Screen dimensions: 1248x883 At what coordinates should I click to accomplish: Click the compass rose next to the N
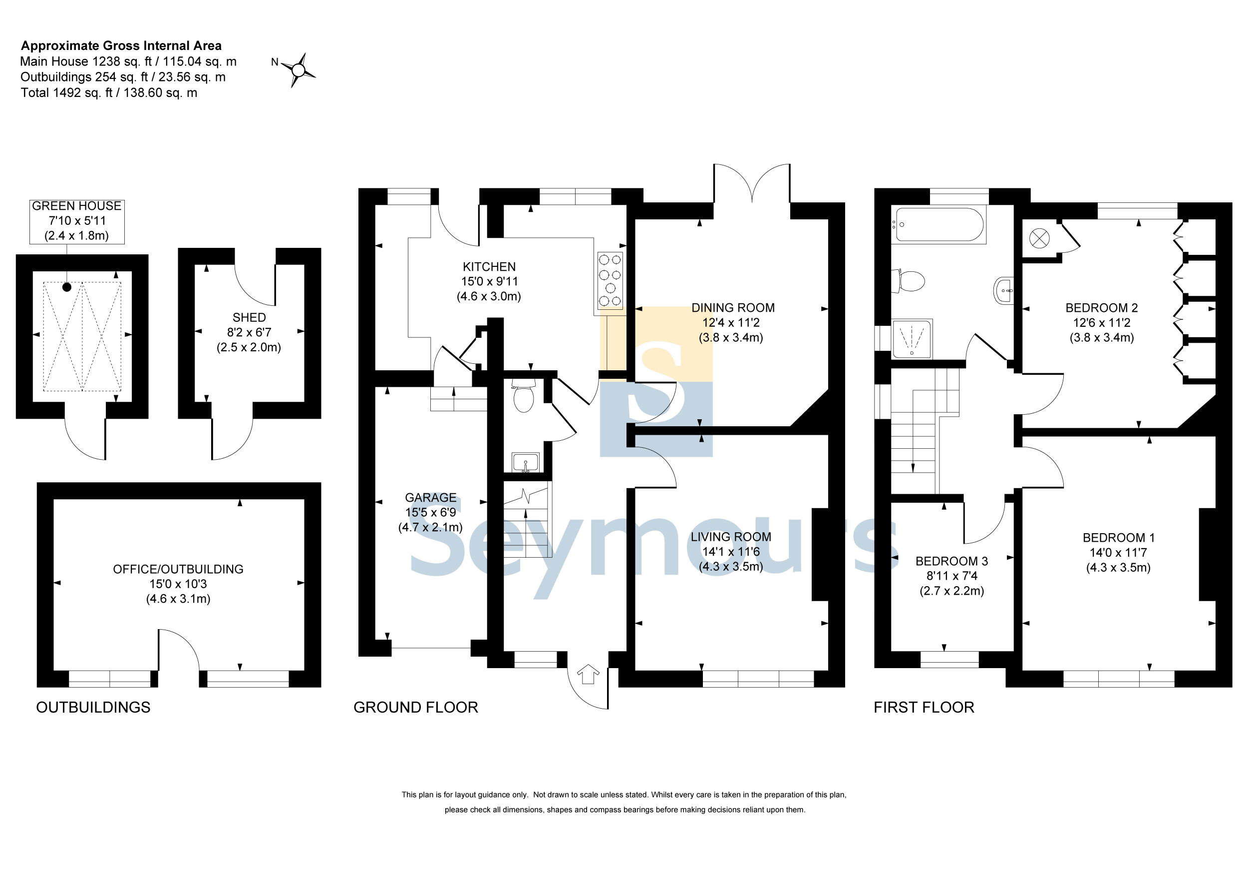tap(298, 69)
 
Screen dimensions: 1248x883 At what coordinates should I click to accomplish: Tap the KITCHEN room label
tap(489, 266)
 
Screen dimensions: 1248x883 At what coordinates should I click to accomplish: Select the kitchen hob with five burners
tap(610, 280)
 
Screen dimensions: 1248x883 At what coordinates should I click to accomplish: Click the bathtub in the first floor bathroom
tap(938, 224)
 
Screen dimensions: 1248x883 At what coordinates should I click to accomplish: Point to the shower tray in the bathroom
tap(912, 339)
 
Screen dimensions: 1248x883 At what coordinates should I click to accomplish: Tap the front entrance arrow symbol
tap(588, 674)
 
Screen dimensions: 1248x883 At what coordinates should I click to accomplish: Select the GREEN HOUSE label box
tap(77, 221)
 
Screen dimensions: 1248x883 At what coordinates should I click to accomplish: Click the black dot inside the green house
tap(67, 287)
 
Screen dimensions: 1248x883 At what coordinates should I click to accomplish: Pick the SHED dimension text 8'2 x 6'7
tap(249, 332)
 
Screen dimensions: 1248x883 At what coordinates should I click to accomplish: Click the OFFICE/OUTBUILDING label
tap(178, 569)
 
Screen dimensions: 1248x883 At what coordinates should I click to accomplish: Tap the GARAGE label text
tap(430, 497)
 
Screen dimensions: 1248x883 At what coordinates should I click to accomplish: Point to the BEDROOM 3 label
tap(952, 561)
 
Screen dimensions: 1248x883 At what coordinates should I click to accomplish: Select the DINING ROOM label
tap(733, 307)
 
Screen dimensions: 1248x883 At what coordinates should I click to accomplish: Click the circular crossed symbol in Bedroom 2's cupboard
tap(1039, 238)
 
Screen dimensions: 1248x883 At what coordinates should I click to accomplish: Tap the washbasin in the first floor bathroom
tap(1004, 290)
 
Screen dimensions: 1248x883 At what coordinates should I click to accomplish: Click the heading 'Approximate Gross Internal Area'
tap(121, 45)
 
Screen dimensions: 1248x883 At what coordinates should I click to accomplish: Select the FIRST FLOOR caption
tap(924, 707)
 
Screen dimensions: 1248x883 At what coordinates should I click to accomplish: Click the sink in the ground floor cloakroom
tap(526, 462)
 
